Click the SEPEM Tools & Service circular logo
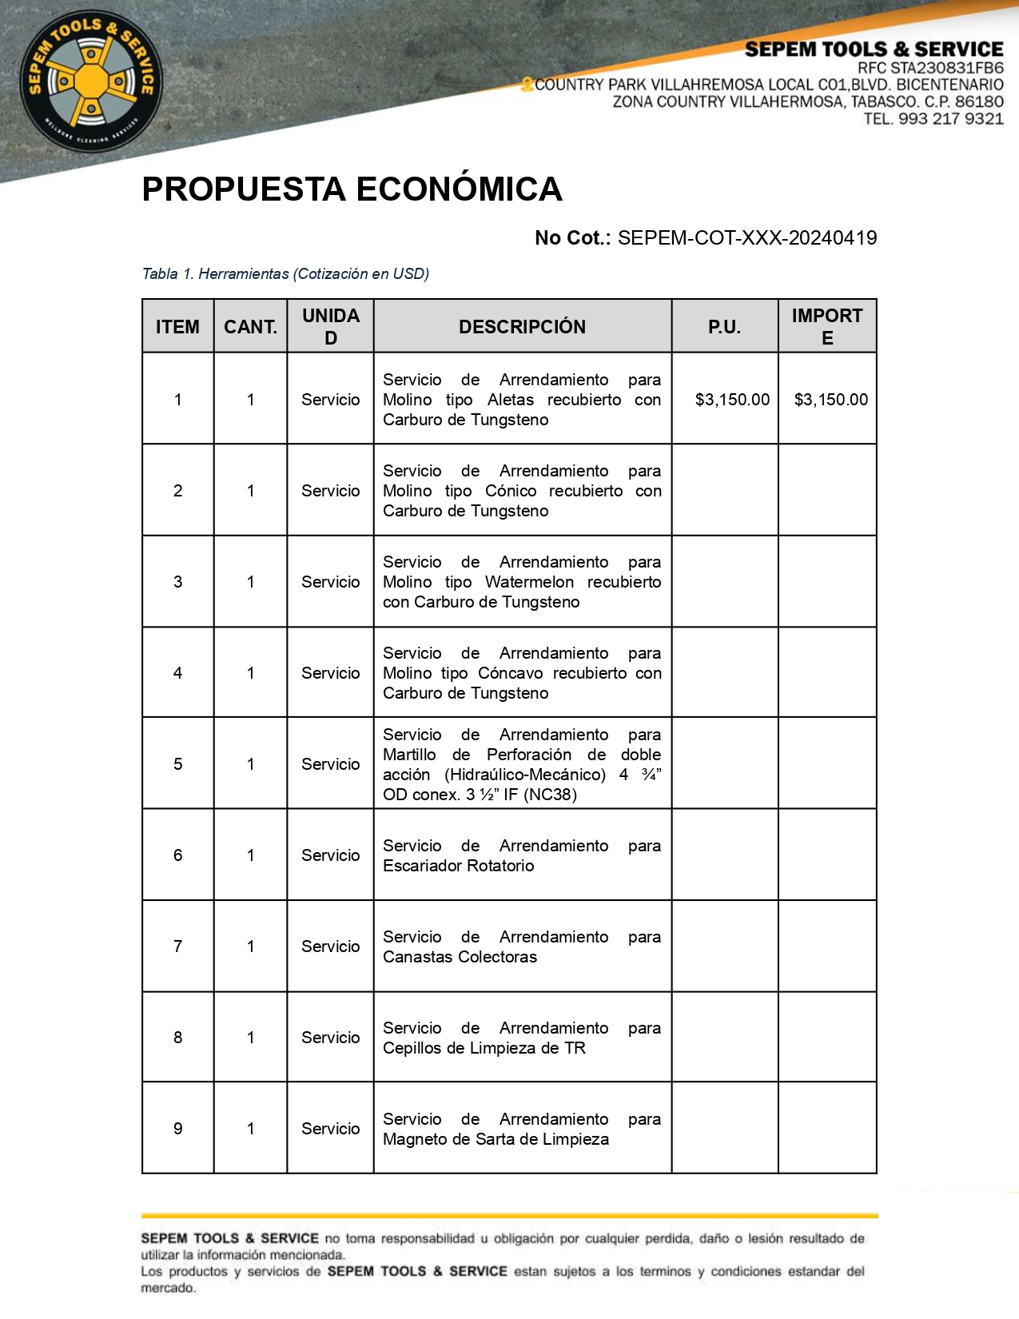[91, 81]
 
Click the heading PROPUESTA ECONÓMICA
[352, 189]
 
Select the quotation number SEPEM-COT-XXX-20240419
[746, 238]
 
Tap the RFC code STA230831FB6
[947, 68]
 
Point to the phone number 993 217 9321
[951, 119]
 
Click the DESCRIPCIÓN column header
[522, 327]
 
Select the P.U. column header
[724, 327]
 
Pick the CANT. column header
[250, 327]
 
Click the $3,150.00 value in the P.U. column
[732, 400]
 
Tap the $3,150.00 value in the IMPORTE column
[830, 400]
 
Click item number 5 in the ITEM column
[177, 764]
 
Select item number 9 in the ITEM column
[177, 1129]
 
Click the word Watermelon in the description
[529, 582]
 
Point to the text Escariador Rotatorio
[458, 866]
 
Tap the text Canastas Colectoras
[460, 957]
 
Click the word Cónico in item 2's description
[511, 491]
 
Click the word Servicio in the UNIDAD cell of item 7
[330, 946]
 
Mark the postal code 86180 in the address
[979, 102]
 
